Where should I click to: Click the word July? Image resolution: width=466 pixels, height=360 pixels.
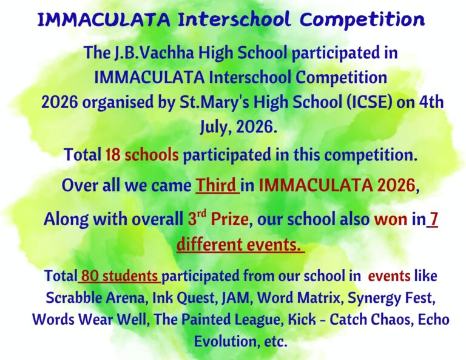[212, 127]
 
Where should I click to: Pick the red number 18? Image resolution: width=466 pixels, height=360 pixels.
[113, 155]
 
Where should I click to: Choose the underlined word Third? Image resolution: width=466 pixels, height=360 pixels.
[217, 185]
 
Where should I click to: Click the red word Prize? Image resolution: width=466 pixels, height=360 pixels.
[229, 219]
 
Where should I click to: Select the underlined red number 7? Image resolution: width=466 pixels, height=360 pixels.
[434, 219]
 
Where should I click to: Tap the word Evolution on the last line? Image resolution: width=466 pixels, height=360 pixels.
[226, 341]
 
